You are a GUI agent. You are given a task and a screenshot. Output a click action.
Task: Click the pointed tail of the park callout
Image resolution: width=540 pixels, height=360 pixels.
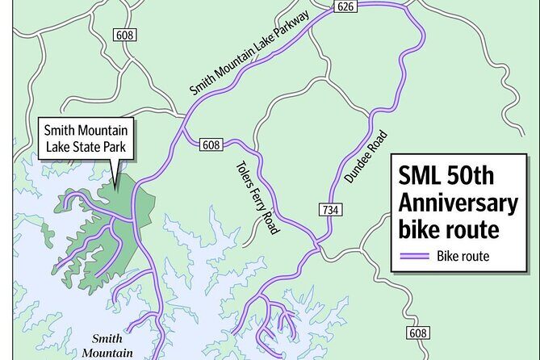[115, 184]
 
